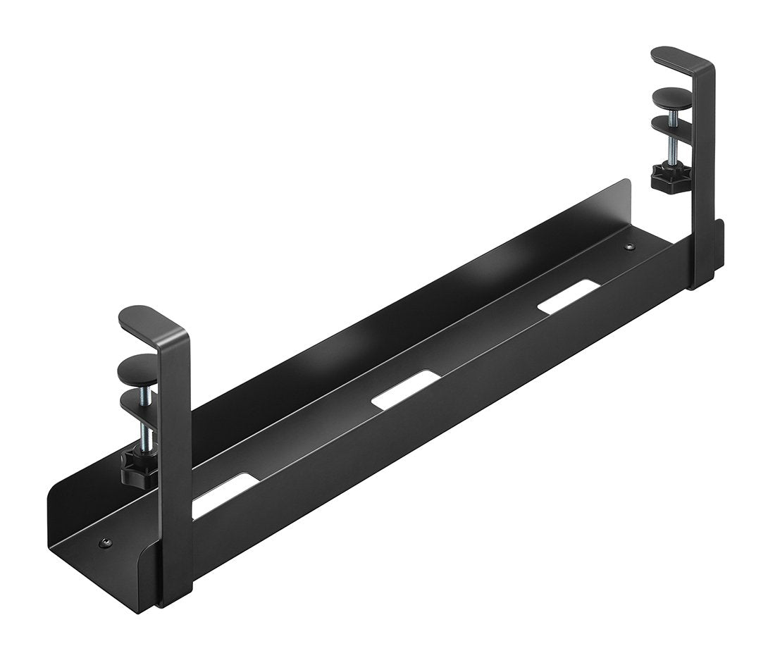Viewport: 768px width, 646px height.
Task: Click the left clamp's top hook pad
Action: click(x=144, y=318)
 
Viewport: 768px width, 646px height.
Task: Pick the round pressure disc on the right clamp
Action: click(x=673, y=97)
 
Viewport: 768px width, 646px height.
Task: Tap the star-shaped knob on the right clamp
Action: click(x=667, y=180)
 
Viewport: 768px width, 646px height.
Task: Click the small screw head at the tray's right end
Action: click(x=629, y=247)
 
